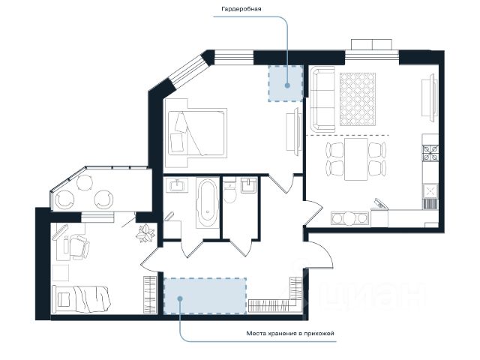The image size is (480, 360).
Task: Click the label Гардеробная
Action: click(241, 9)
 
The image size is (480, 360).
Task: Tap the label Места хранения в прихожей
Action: click(290, 333)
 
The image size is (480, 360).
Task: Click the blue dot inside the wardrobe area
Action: click(287, 85)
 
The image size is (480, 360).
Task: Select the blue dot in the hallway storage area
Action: click(180, 298)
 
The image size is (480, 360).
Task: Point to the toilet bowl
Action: click(229, 192)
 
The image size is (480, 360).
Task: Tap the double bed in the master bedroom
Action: click(197, 133)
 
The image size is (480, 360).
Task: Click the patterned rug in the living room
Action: click(358, 99)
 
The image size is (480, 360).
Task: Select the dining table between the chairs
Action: click(355, 159)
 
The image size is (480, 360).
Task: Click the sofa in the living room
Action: click(322, 100)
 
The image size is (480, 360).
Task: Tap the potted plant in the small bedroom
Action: click(145, 233)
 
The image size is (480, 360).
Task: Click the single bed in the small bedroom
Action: click(82, 299)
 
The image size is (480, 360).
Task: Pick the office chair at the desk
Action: click(80, 247)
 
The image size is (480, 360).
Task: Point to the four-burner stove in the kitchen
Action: click(430, 153)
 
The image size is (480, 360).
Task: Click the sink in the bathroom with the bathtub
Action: click(177, 185)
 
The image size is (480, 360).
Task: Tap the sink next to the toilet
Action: click(248, 185)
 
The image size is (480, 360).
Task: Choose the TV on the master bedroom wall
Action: click(293, 132)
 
